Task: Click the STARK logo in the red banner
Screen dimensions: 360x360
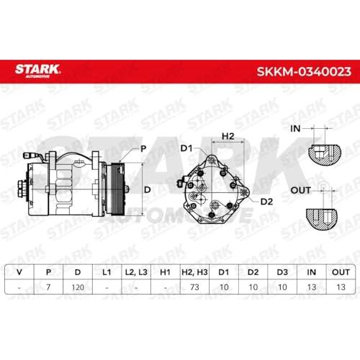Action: (37, 71)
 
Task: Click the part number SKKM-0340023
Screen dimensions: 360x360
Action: (304, 71)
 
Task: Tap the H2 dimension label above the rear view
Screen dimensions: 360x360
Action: (228, 136)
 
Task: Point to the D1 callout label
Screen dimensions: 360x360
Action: (186, 148)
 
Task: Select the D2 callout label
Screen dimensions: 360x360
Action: (266, 202)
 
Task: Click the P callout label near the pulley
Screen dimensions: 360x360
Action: (143, 149)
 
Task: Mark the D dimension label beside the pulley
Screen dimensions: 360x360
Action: (147, 190)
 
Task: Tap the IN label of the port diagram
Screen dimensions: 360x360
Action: (295, 129)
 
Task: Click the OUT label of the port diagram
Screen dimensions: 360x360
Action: (300, 191)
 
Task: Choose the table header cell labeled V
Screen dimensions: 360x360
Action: (19, 272)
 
